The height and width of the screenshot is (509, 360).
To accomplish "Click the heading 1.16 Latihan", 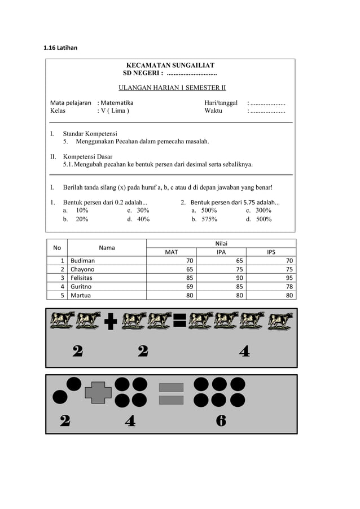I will [x=60, y=47].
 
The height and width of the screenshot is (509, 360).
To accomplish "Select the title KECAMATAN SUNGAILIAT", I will [x=170, y=65].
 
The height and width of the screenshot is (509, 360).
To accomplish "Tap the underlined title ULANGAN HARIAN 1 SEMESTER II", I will [x=172, y=87].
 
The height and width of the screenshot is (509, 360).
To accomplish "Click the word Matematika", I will [x=117, y=103].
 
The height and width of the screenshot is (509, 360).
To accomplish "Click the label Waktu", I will [x=213, y=111].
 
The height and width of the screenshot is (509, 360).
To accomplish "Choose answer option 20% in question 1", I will [x=82, y=219].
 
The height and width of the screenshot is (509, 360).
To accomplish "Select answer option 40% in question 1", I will [x=143, y=219].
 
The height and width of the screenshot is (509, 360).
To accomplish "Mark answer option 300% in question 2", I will [x=263, y=210].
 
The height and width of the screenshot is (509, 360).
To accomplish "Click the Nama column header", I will [x=107, y=247].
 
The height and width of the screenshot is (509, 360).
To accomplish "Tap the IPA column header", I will [x=221, y=252].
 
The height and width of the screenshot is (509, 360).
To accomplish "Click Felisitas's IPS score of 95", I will [x=289, y=278].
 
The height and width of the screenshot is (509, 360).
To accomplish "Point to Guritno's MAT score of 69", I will [x=190, y=286].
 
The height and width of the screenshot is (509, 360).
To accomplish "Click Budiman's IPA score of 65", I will [x=239, y=261].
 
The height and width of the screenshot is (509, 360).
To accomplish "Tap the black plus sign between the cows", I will [x=111, y=322].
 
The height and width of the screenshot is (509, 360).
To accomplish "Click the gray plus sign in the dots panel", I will [x=98, y=392].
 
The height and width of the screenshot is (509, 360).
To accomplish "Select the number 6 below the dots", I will [x=221, y=420].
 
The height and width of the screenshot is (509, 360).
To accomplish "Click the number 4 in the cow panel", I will [x=244, y=351].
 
